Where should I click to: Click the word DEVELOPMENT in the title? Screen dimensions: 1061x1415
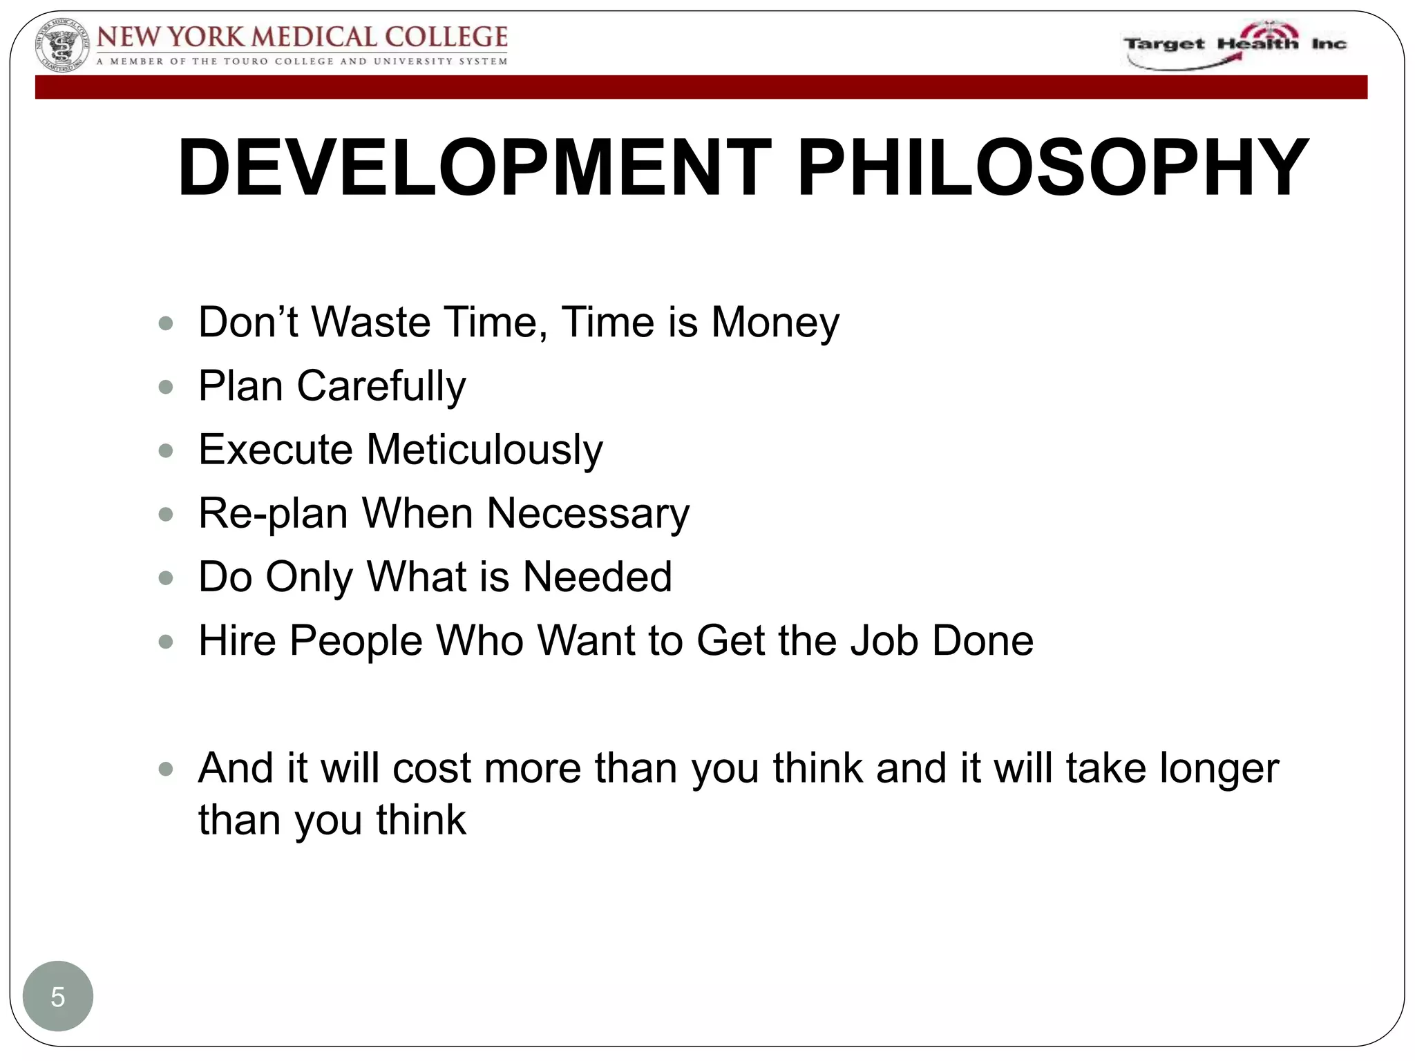pyautogui.click(x=474, y=168)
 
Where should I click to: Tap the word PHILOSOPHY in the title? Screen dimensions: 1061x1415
pyautogui.click(x=1052, y=168)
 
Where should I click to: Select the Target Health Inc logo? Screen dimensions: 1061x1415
pyautogui.click(x=1235, y=45)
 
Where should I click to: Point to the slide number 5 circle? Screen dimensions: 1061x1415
pyautogui.click(x=58, y=997)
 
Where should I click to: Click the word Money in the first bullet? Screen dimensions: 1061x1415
pyautogui.click(x=775, y=323)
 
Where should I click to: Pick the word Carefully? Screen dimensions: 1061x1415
pyautogui.click(x=381, y=386)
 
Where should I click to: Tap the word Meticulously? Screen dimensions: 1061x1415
pyautogui.click(x=484, y=450)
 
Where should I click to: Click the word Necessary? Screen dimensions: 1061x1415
pyautogui.click(x=587, y=513)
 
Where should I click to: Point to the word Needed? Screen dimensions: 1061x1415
pyautogui.click(x=597, y=577)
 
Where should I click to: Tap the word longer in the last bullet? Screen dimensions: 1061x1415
pyautogui.click(x=1219, y=768)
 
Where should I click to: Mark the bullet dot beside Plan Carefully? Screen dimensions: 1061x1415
pyautogui.click(x=166, y=387)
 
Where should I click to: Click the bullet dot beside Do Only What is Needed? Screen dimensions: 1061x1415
pyautogui.click(x=166, y=577)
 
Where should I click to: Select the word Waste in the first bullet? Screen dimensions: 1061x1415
pyautogui.click(x=371, y=323)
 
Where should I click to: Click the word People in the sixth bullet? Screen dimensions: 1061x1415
pyautogui.click(x=356, y=640)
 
